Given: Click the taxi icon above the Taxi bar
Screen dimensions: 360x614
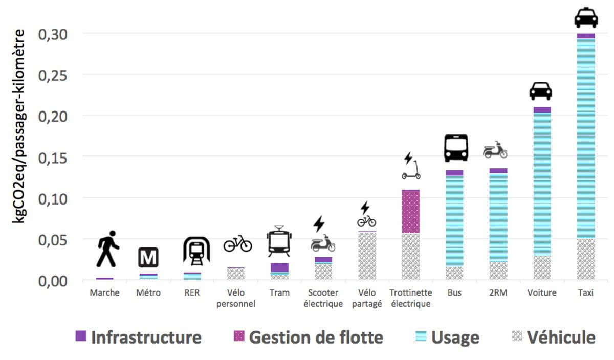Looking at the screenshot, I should click(586, 18).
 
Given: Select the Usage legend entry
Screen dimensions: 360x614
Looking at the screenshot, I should click(448, 337).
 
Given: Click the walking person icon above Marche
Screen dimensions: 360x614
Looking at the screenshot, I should click(108, 249).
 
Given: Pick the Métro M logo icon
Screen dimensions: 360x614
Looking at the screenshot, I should click(148, 257).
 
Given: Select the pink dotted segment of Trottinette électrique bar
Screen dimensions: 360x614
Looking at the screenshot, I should click(411, 211).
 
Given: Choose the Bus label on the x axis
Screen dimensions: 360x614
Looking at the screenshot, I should click(454, 293).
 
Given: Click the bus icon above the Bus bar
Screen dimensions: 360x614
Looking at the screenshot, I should click(455, 148).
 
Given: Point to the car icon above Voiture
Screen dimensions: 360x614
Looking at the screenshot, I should click(540, 91).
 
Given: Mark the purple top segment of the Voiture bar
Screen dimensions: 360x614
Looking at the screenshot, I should click(542, 109).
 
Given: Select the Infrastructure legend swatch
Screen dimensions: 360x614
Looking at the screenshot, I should click(81, 336).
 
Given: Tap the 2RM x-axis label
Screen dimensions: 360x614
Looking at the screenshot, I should click(498, 293).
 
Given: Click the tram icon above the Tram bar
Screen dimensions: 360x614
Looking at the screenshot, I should click(279, 241).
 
